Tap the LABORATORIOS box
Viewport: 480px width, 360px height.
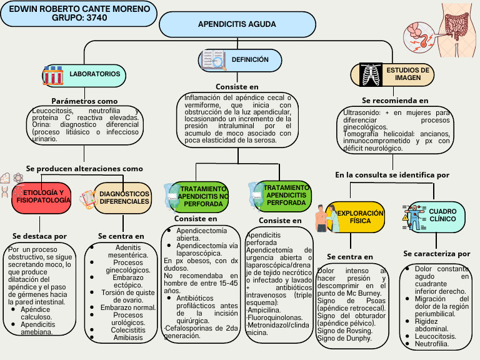pyautogui.click(x=94, y=74)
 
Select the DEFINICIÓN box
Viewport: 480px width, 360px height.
pyautogui.click(x=249, y=60)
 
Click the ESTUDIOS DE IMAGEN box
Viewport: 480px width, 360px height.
pyautogui.click(x=406, y=74)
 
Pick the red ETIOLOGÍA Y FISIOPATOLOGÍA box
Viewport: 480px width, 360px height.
pyautogui.click(x=43, y=196)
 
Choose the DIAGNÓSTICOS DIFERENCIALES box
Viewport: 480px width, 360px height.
pyautogui.click(x=124, y=197)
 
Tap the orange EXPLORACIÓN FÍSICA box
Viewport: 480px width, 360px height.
pyautogui.click(x=360, y=217)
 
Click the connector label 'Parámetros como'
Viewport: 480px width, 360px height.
pyautogui.click(x=84, y=101)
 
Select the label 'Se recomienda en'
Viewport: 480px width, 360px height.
pyautogui.click(x=395, y=100)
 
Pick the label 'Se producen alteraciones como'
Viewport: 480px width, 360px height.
pyautogui.click(x=84, y=169)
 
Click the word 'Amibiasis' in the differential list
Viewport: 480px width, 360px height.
pyautogui.click(x=127, y=337)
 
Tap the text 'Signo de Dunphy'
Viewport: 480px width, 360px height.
pyautogui.click(x=344, y=339)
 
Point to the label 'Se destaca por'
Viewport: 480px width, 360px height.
pyautogui.click(x=39, y=236)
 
